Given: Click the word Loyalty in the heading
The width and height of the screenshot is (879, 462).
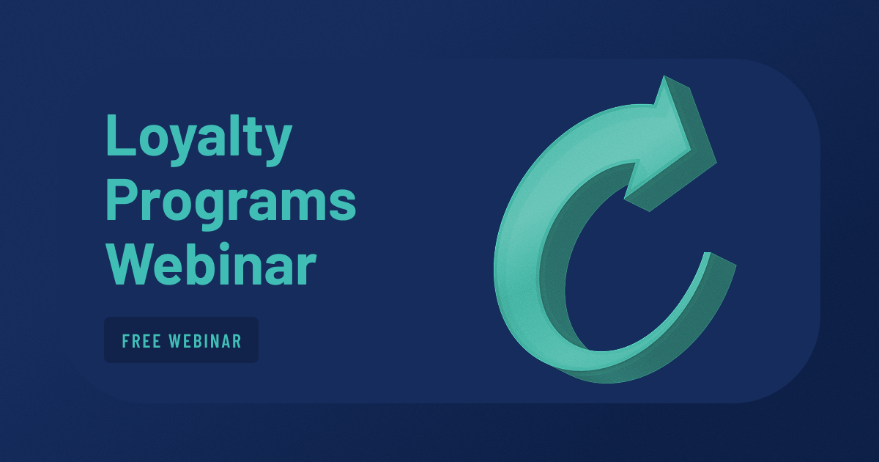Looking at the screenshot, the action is click(199, 140).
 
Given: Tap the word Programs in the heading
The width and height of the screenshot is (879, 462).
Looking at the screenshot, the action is click(231, 205).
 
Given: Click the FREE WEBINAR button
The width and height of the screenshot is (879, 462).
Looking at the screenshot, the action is click(182, 340).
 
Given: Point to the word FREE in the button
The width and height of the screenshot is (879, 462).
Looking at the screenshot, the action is click(141, 341).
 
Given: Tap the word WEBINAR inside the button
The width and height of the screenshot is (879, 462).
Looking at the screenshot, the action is click(205, 341).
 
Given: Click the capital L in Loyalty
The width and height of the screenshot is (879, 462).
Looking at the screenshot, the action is click(121, 135).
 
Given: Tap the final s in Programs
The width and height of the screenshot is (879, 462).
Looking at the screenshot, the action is click(343, 205).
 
